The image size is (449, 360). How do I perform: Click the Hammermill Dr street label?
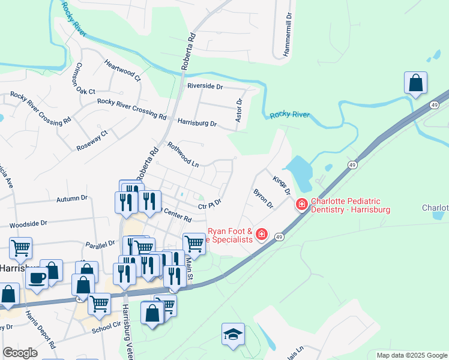point(288,34)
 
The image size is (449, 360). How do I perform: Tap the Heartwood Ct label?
point(122,70)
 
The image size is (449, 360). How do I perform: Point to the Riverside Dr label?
point(205,86)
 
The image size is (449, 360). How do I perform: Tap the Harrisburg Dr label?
point(197,123)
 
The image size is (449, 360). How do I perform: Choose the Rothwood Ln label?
point(183,154)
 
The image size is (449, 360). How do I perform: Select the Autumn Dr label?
point(72,198)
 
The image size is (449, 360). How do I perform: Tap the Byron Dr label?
point(264,199)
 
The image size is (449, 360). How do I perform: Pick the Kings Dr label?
point(282,185)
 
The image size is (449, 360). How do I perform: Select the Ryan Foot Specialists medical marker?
point(261,234)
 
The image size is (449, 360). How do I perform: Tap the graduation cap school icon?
point(233,334)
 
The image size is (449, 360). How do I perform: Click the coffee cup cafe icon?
point(37,278)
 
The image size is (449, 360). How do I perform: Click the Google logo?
point(20,353)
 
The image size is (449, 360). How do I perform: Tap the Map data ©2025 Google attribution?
point(411,355)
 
